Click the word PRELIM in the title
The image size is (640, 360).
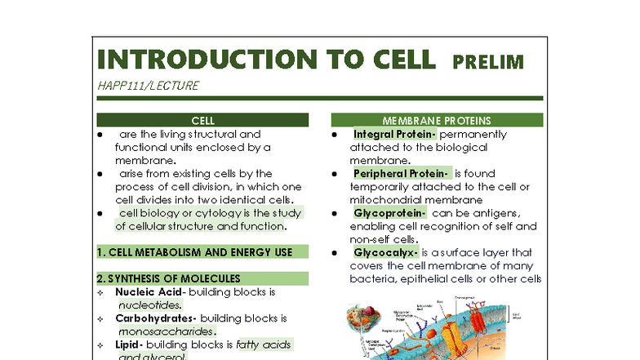(488, 62)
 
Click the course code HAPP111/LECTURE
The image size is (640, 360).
(147, 85)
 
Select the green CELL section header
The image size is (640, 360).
(202, 120)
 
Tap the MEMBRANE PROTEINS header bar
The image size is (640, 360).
(436, 120)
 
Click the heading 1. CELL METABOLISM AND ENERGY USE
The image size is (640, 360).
(194, 252)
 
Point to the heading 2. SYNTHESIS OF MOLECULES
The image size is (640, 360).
(169, 278)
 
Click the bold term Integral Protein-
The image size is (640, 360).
(395, 134)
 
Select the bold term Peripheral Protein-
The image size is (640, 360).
(401, 173)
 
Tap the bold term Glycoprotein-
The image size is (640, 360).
(390, 213)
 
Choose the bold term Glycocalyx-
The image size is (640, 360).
(386, 252)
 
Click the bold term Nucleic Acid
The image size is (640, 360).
(149, 292)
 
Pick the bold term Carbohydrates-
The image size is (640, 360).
(156, 318)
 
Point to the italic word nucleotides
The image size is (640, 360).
(149, 305)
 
